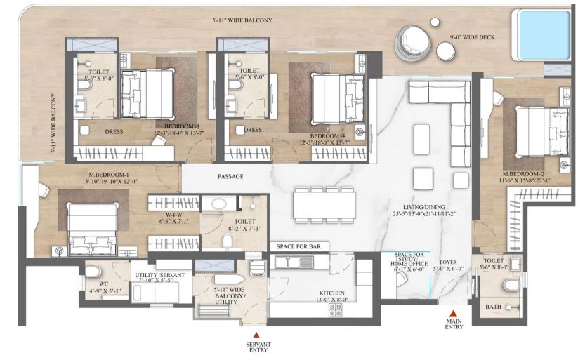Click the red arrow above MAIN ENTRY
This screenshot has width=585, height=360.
[x=454, y=315]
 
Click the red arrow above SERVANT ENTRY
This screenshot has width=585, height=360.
[x=256, y=335]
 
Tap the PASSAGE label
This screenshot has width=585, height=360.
[x=230, y=177]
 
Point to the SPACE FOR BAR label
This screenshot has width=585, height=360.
[x=298, y=247]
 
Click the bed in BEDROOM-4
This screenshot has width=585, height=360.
[x=331, y=98]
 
